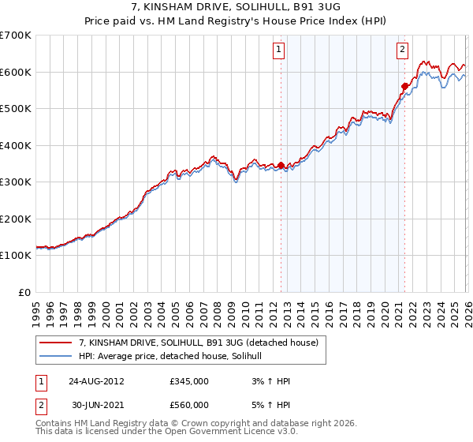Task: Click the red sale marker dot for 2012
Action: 281,165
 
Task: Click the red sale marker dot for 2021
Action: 404,86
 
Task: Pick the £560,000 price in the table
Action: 189,405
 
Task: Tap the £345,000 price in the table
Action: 189,381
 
